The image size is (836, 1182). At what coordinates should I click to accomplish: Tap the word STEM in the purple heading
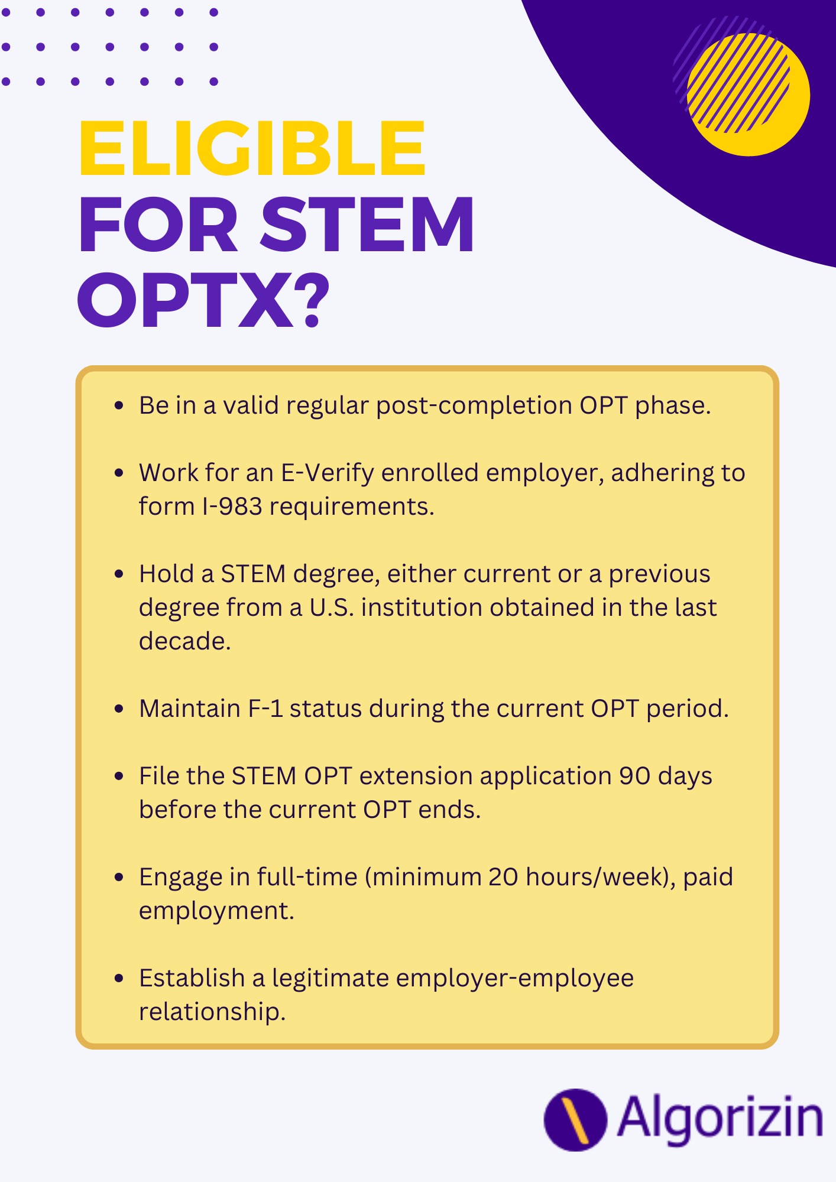367,224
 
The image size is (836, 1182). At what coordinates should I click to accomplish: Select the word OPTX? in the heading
203,300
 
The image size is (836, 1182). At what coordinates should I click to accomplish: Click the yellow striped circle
748,95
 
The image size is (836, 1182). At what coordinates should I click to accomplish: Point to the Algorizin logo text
720,1119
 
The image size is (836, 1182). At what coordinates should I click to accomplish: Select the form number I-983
232,506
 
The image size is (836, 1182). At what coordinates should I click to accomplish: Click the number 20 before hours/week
503,877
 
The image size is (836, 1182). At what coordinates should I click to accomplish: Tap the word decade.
184,641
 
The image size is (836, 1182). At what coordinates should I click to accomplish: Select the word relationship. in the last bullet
212,1012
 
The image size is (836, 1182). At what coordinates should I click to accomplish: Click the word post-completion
474,406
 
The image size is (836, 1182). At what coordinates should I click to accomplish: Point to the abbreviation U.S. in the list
332,608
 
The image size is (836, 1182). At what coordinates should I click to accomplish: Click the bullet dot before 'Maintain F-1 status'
119,709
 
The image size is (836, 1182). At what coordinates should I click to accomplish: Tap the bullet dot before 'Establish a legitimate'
119,978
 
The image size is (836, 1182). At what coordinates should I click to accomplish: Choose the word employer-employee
515,978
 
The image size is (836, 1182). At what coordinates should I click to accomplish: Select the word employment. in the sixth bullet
216,911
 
